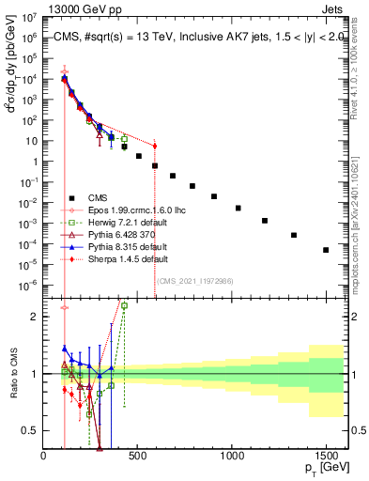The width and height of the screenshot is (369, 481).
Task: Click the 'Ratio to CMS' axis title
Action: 12,374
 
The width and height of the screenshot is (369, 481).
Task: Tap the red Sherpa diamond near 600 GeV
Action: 155,146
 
